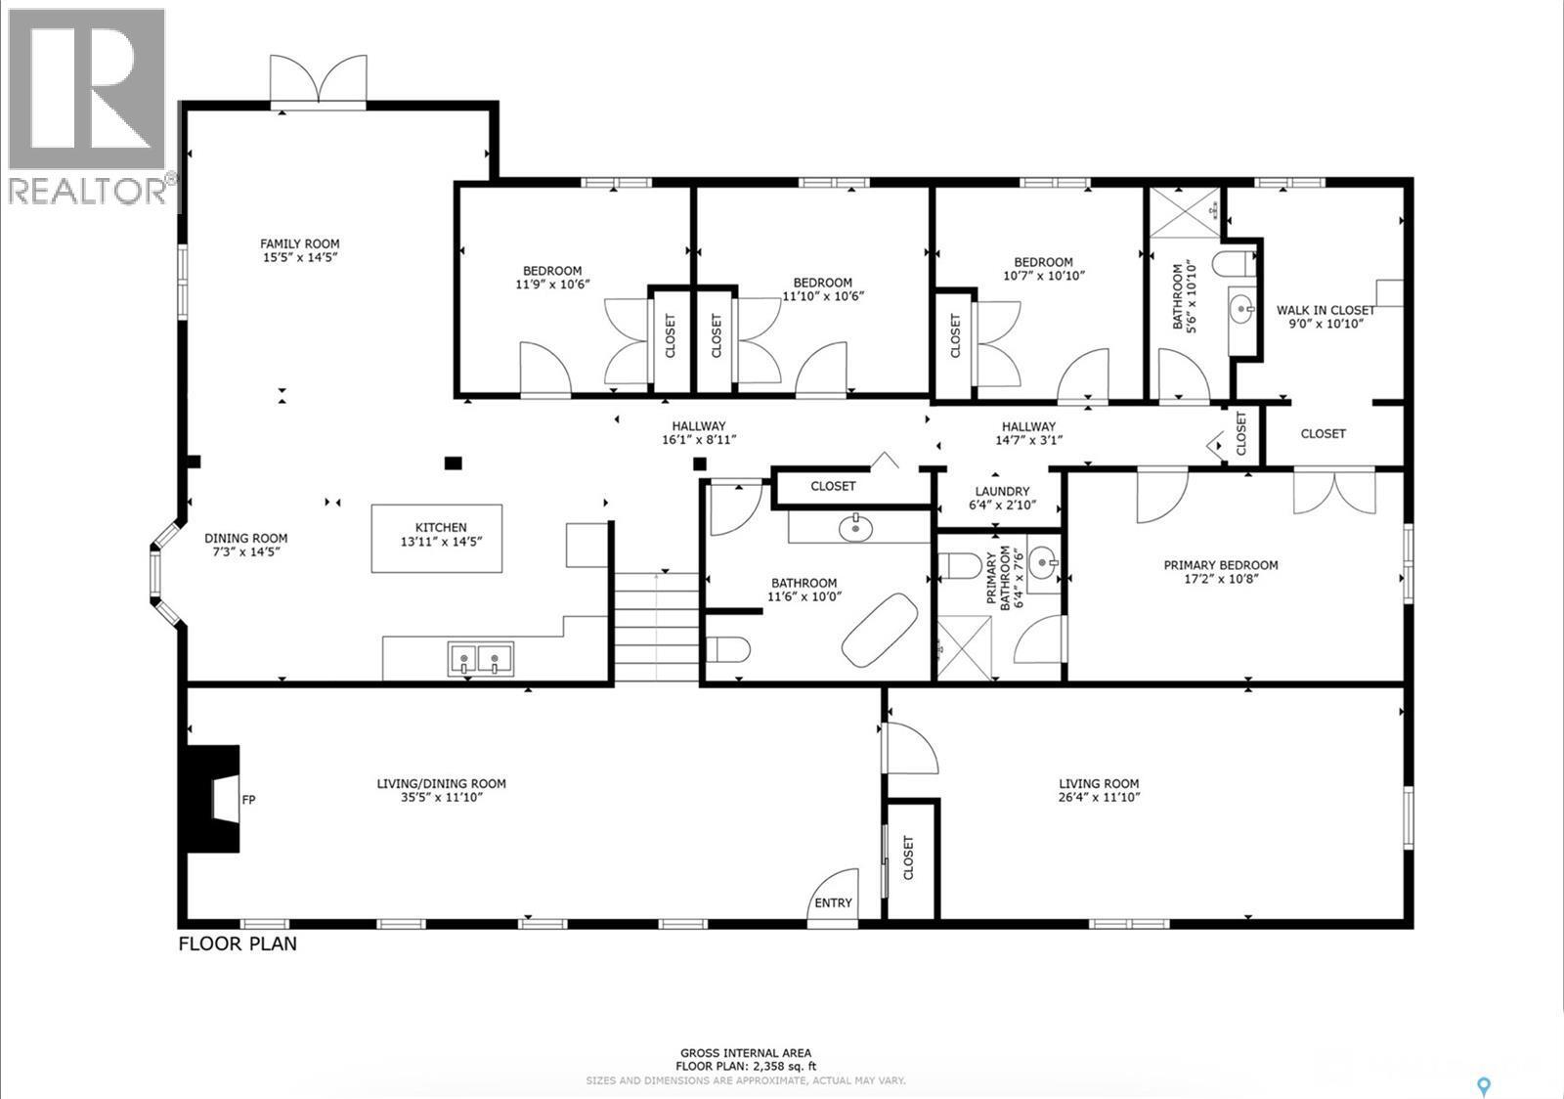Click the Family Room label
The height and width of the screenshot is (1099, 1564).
[x=299, y=244]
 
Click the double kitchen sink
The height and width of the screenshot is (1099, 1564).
[x=480, y=659]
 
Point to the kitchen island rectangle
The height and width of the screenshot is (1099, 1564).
[x=436, y=538]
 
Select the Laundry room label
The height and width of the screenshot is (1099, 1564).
[x=1002, y=492]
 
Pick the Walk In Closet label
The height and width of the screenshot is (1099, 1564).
[x=1325, y=311]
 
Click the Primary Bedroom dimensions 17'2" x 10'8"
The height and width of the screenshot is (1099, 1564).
[x=1220, y=578]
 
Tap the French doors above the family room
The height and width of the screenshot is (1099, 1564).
[x=319, y=80]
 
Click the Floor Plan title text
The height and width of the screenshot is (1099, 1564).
[x=238, y=945]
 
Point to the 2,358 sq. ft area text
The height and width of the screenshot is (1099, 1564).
[x=746, y=1066]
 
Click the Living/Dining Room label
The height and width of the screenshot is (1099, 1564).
[x=441, y=783]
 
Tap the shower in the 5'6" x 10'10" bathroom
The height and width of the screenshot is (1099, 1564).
[x=1184, y=210]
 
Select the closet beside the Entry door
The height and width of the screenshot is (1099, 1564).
[x=910, y=858]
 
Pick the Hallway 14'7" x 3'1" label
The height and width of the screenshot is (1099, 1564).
[x=1028, y=426]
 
